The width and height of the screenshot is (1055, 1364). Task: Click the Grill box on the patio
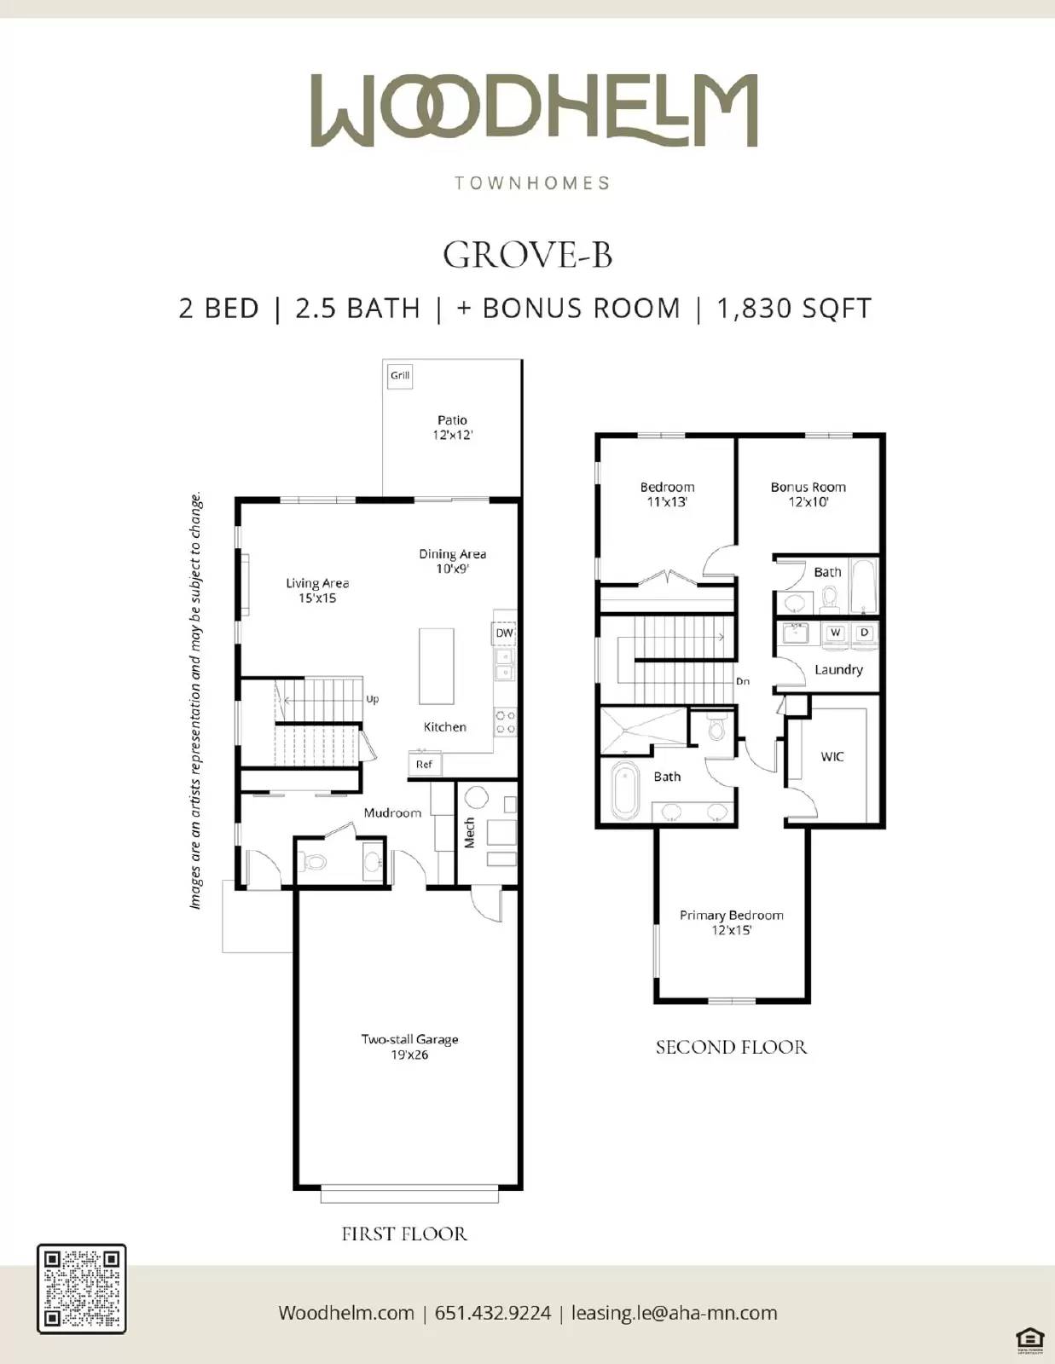pos(400,375)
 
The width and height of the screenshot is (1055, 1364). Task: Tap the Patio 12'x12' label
pos(452,427)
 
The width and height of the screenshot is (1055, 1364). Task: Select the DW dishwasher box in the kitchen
pos(504,633)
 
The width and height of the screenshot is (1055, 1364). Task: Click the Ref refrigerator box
pos(424,764)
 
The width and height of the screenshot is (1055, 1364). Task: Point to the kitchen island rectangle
pos(436,667)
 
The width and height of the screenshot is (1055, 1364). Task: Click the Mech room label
pos(469,833)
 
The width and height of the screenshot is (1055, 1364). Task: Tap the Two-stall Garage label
pos(409,1047)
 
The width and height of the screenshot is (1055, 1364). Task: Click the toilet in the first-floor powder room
pos(315,862)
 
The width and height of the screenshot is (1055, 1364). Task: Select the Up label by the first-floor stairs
pos(372,699)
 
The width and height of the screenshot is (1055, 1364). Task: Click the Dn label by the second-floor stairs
pos(743,681)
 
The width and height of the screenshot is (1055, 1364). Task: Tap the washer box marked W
pos(835,633)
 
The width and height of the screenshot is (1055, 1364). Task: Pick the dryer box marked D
pos(864,633)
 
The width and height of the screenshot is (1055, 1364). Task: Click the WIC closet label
pos(832,756)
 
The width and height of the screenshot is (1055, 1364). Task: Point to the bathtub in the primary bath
pos(625,790)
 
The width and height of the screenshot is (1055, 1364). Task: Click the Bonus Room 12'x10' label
pos(808,494)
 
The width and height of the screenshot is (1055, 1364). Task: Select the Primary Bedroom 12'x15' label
pos(731,922)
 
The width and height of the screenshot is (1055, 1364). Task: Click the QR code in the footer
pos(81,1288)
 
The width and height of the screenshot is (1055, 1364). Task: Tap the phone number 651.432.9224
pos(493,1313)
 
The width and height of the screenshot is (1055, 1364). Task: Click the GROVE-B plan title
pos(527,255)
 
